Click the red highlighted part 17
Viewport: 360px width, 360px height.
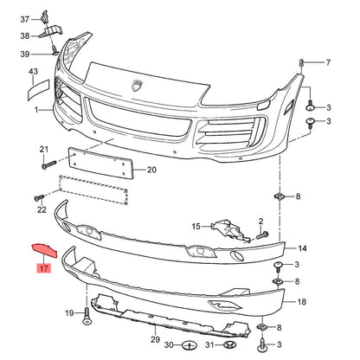coord(44,250)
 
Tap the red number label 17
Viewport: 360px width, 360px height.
coord(43,268)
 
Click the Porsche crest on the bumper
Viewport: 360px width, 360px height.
coord(138,85)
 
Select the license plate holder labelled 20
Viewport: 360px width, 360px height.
coord(100,163)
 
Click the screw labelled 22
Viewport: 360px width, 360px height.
coord(39,197)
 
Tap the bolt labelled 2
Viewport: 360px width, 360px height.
coord(262,235)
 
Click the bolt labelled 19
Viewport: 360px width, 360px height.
coord(87,316)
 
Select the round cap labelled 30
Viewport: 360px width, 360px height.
coord(189,344)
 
